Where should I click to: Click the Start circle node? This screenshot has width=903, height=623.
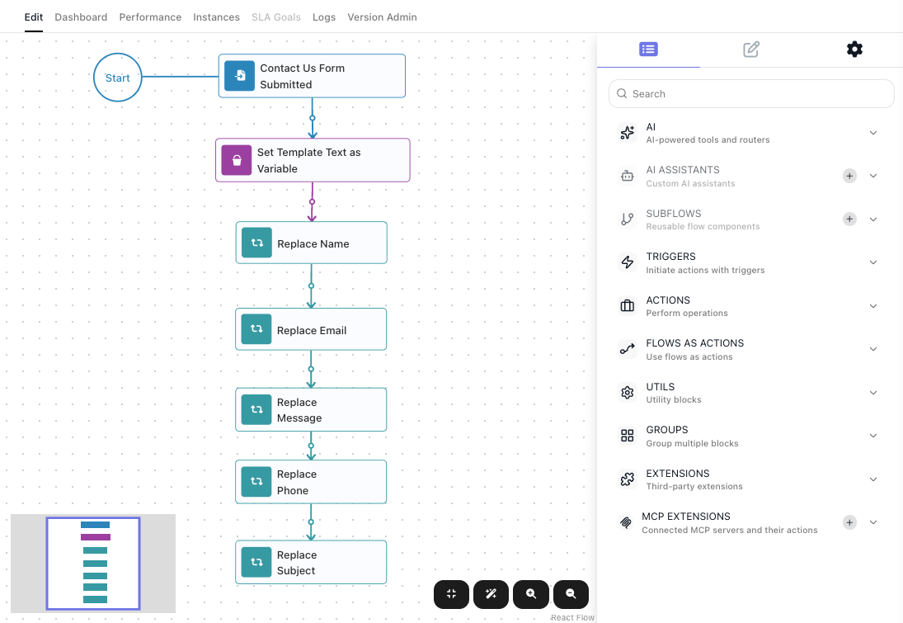click(117, 78)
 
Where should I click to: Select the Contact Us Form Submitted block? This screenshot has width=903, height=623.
click(312, 76)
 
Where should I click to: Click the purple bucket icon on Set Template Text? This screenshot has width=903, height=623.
click(237, 160)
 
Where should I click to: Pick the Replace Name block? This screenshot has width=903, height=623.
click(311, 243)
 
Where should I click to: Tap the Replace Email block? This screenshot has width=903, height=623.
click(311, 329)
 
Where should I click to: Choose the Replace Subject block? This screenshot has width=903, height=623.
click(311, 562)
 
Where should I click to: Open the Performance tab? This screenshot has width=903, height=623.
click(150, 17)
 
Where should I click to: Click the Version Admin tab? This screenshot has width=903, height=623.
click(382, 17)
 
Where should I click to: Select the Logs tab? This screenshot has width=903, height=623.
click(324, 17)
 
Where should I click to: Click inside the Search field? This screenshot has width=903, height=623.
click(751, 93)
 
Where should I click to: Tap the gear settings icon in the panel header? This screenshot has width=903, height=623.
click(854, 49)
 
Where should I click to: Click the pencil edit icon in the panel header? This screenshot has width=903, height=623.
click(751, 49)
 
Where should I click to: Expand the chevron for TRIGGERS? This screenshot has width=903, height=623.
click(873, 262)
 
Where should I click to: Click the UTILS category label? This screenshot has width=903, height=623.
click(660, 387)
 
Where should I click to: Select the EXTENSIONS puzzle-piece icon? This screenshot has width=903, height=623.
click(627, 479)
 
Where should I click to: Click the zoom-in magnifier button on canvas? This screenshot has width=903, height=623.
click(531, 594)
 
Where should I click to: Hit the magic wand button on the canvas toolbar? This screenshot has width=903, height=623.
click(491, 594)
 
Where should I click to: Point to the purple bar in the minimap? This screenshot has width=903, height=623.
click(96, 537)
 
